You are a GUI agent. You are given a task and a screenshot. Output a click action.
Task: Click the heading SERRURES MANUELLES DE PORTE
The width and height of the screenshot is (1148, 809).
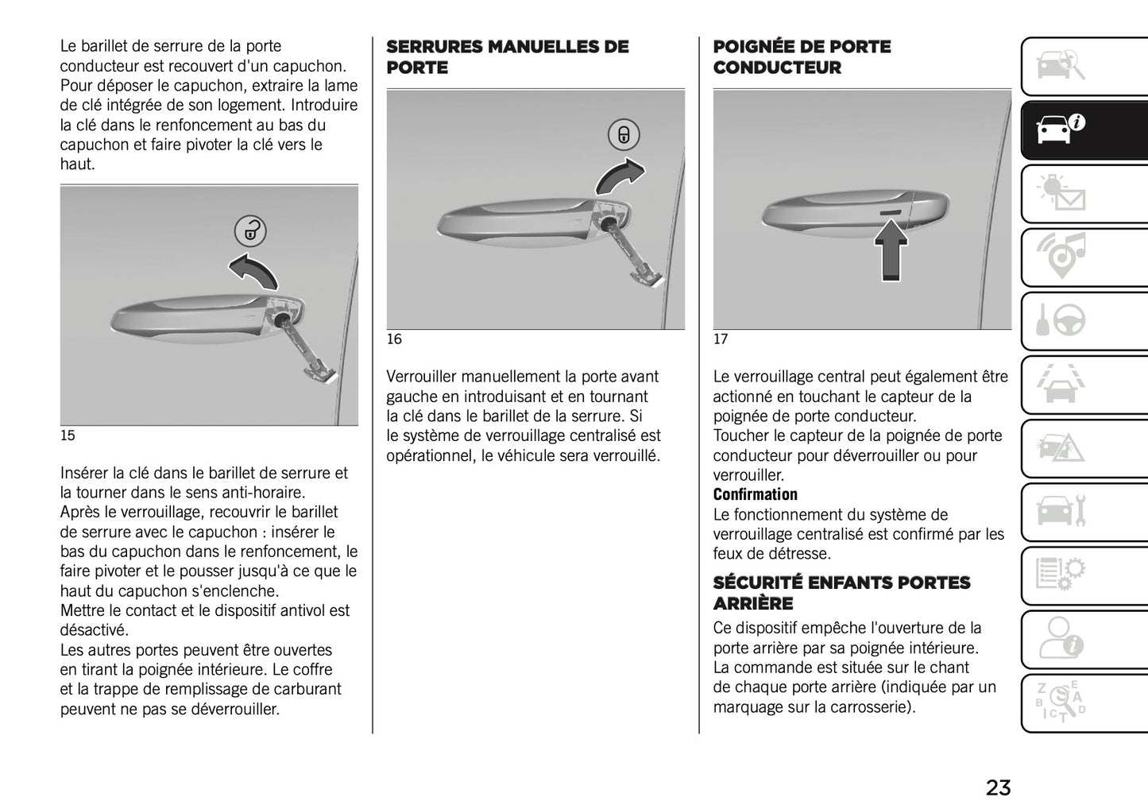coord(507,57)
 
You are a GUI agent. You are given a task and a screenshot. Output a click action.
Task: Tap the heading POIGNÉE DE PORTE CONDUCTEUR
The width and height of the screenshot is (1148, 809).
coord(802,57)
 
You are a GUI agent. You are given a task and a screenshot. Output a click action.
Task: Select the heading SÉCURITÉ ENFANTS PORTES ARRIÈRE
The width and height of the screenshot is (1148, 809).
coord(841,593)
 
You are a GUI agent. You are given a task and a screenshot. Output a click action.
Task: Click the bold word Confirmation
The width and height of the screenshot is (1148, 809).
coord(755,495)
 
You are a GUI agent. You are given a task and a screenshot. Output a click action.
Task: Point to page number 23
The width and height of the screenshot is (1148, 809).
coord(998,788)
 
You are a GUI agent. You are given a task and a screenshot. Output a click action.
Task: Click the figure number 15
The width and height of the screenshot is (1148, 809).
coord(68,435)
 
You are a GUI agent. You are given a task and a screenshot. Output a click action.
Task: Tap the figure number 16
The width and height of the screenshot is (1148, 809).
coord(394,339)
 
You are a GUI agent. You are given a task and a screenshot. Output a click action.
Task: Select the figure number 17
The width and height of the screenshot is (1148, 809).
coord(721,339)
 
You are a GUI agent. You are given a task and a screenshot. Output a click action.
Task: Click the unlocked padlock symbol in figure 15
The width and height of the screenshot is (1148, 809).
coord(250,231)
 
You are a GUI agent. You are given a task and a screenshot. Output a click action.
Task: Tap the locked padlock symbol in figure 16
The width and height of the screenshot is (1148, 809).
coord(624,135)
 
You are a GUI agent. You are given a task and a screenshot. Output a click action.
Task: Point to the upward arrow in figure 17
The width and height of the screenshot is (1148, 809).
coord(891,250)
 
